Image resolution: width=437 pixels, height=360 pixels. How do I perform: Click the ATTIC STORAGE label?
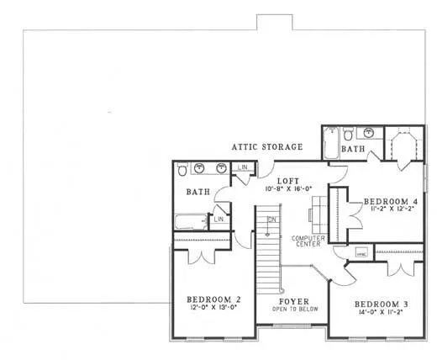point(267,147)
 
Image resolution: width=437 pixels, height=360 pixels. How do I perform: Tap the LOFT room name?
point(287,180)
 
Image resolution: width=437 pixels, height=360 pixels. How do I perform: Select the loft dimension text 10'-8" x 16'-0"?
point(287,188)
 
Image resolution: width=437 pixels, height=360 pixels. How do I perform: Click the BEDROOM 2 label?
point(213,299)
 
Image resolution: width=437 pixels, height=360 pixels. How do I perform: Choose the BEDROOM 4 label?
point(390,202)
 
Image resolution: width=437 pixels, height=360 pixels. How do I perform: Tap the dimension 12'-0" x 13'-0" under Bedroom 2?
point(213,307)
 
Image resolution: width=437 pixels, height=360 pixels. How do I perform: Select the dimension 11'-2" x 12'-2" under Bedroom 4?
point(390,210)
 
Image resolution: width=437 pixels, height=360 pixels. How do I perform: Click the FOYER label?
point(293,300)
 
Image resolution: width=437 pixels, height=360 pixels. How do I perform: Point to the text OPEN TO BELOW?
point(293,309)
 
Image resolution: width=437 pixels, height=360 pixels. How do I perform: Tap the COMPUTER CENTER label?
point(308,241)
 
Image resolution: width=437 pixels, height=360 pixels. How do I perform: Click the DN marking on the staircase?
point(271,220)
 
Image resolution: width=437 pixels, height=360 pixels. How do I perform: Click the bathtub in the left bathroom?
point(192,222)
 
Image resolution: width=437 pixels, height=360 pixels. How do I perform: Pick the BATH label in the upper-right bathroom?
point(353,149)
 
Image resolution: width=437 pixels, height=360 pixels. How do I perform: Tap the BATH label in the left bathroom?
point(197,193)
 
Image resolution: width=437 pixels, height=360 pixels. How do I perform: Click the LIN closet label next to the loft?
point(242,168)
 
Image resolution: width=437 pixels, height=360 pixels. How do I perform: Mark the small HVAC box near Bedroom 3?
point(361,252)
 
